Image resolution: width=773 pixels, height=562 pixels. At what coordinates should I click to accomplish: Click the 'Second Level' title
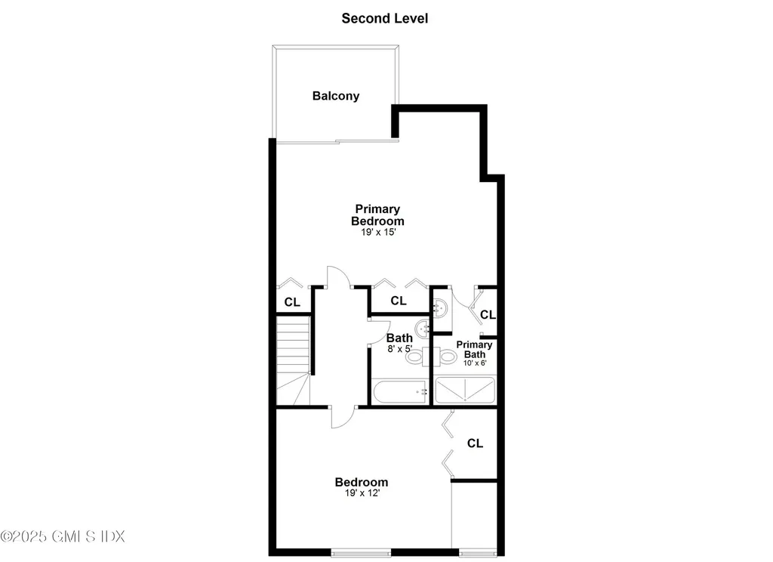click(x=384, y=18)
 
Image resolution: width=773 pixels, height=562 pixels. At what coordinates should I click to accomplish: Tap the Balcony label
click(x=336, y=96)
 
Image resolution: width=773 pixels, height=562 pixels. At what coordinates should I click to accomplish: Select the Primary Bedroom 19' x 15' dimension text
click(x=377, y=233)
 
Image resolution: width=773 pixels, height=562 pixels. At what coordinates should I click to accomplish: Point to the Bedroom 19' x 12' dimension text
click(x=362, y=493)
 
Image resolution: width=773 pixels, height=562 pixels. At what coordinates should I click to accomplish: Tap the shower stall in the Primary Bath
click(x=465, y=391)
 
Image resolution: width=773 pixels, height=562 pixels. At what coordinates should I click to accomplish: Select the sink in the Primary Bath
click(x=441, y=307)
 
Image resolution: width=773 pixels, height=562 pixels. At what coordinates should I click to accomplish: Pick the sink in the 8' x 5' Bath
click(x=423, y=328)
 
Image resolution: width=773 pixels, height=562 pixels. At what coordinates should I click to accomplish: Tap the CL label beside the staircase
click(x=292, y=301)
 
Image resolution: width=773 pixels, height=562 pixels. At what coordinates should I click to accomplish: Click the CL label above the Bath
click(x=399, y=301)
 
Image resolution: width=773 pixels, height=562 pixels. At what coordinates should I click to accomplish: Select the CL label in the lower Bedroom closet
click(x=475, y=443)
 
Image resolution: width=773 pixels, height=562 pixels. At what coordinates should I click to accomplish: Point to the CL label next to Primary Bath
click(x=488, y=314)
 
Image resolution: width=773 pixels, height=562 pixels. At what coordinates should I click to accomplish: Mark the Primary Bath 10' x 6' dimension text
click(x=475, y=363)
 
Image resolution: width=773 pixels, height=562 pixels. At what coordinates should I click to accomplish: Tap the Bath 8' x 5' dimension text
click(x=399, y=349)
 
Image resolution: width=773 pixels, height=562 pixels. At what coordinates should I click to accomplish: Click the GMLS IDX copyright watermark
click(x=63, y=536)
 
